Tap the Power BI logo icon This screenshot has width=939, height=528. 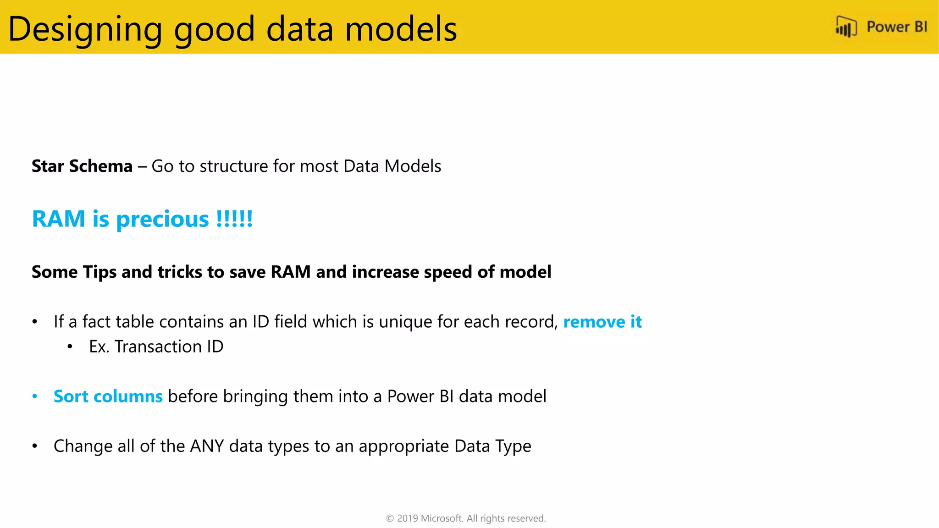[846, 27]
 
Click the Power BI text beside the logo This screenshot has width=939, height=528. [896, 27]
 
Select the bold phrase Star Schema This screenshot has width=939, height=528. [82, 166]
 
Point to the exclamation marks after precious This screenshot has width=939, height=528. [234, 219]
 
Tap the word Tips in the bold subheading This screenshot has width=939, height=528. [99, 272]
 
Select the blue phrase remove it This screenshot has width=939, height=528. [602, 322]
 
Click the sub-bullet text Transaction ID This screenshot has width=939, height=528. [169, 346]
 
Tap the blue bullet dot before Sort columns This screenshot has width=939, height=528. [35, 396]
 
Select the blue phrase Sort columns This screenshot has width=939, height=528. [108, 396]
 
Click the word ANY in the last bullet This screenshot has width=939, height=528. [207, 446]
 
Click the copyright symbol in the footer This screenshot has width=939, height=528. [390, 518]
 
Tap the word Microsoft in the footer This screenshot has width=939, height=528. [442, 518]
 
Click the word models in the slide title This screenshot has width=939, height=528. [401, 29]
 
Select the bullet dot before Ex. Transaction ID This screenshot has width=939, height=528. [70, 347]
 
